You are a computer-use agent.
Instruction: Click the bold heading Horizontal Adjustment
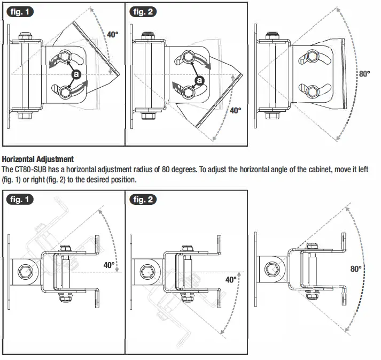point(38,159)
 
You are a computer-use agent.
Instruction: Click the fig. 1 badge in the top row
point(20,11)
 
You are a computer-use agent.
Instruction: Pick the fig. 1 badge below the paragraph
point(20,199)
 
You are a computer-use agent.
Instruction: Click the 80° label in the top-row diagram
point(364,74)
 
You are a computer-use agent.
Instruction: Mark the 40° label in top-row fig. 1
point(112,34)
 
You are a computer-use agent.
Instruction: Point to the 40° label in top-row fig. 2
point(235,111)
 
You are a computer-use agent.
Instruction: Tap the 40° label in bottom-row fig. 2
point(231,279)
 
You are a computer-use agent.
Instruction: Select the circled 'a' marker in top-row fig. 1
point(76,74)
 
